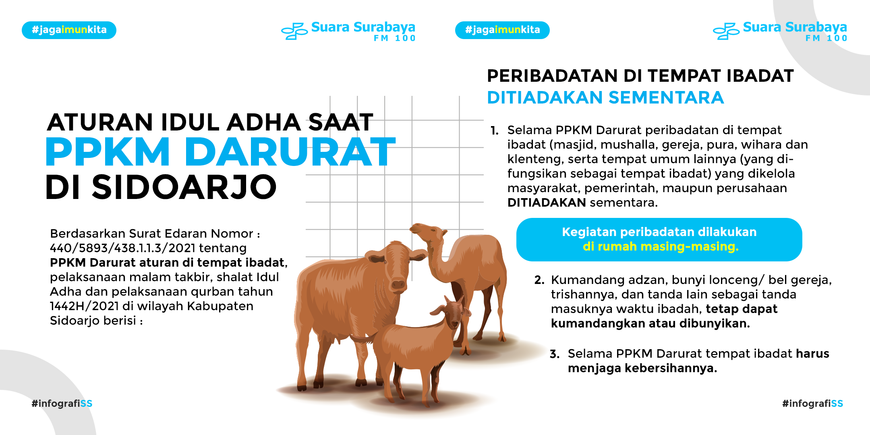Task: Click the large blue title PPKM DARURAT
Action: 221,152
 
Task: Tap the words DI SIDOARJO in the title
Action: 161,187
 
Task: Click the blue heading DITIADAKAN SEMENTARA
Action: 605,97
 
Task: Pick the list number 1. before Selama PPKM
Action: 495,130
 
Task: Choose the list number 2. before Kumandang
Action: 539,280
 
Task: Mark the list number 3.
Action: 555,354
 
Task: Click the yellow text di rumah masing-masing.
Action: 661,246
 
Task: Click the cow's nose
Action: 398,284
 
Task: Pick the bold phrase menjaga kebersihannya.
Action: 642,369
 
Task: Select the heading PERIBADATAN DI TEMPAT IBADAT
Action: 640,76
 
